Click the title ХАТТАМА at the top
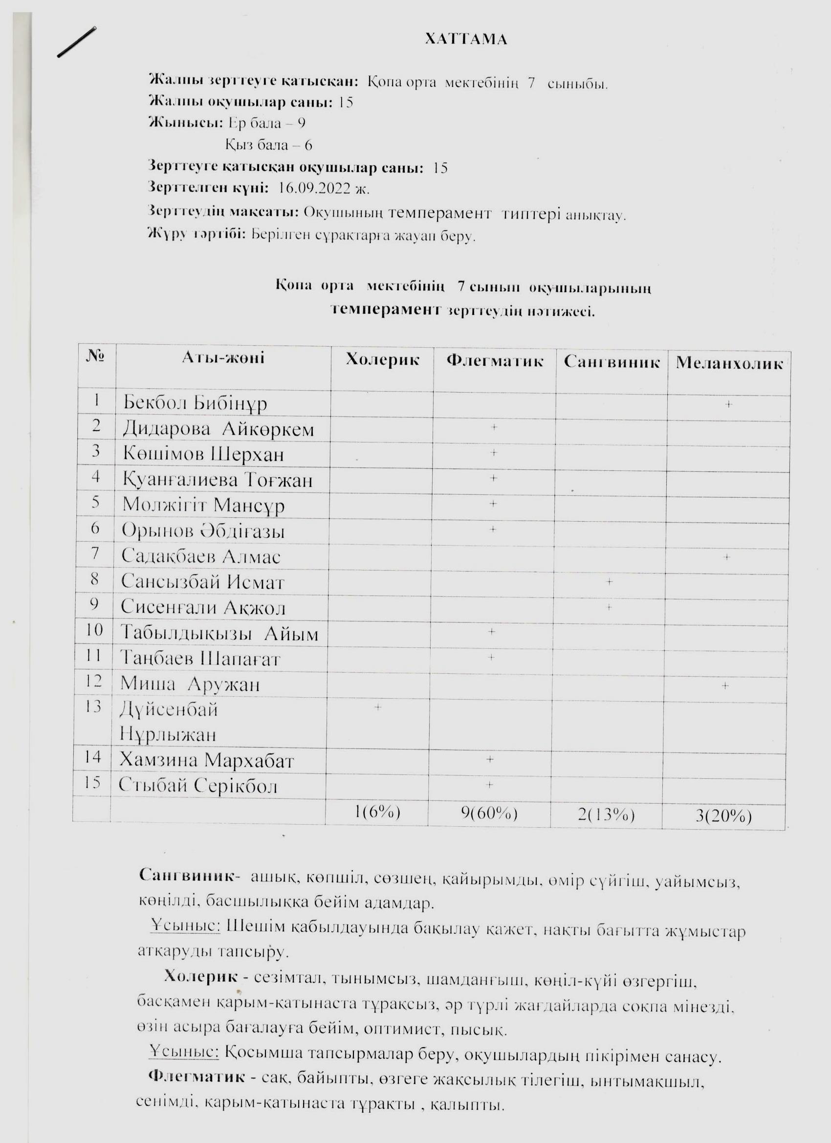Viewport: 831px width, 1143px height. pyautogui.click(x=466, y=39)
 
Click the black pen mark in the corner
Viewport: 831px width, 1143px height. pyautogui.click(x=77, y=43)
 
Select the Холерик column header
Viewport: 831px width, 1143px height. pyautogui.click(x=382, y=360)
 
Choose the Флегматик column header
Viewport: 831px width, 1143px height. pyautogui.click(x=494, y=361)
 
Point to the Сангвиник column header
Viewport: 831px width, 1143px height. pyautogui.click(x=612, y=362)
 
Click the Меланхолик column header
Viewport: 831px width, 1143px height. pyautogui.click(x=729, y=363)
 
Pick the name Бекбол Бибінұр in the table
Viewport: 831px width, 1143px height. pyautogui.click(x=195, y=403)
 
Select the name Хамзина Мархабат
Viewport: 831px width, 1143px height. pyautogui.click(x=206, y=761)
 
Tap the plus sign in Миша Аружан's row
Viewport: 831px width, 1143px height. pyautogui.click(x=724, y=685)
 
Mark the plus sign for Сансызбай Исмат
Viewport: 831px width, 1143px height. pyautogui.click(x=609, y=582)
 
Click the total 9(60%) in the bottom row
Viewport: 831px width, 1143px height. pyautogui.click(x=489, y=813)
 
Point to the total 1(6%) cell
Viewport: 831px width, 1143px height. pyautogui.click(x=377, y=813)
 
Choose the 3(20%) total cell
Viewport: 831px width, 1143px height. pyautogui.click(x=723, y=816)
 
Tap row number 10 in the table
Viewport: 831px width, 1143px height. pyautogui.click(x=94, y=631)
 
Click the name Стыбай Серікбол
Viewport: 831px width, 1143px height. pyautogui.click(x=198, y=786)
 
